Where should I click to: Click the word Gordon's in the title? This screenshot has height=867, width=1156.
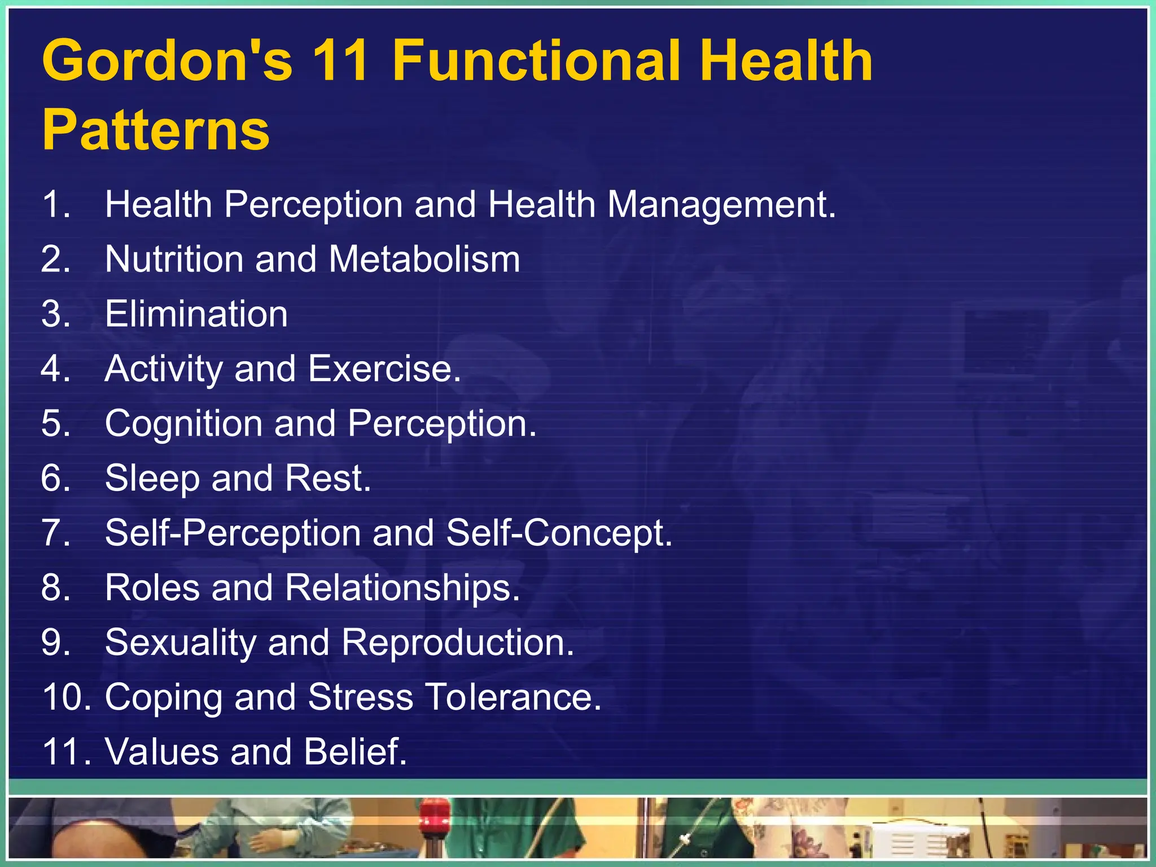(x=168, y=60)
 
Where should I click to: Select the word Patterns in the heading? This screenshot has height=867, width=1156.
(x=156, y=130)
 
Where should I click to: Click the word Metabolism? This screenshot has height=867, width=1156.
(x=424, y=260)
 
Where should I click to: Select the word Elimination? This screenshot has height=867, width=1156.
(x=196, y=314)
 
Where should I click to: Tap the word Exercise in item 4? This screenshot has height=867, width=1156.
(x=384, y=369)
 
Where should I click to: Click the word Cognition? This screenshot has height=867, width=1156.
(x=183, y=423)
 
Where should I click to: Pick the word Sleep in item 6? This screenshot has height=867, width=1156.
(x=152, y=479)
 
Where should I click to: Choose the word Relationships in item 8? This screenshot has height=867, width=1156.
(x=402, y=588)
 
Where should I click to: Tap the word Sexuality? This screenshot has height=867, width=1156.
(x=181, y=643)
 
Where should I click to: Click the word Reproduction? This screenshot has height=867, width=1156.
(x=457, y=643)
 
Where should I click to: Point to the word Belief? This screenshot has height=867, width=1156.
(x=355, y=752)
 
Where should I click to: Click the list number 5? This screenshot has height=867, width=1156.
(x=55, y=423)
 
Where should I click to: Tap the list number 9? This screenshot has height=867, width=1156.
(x=55, y=643)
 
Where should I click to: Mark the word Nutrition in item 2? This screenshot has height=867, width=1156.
(x=174, y=260)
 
